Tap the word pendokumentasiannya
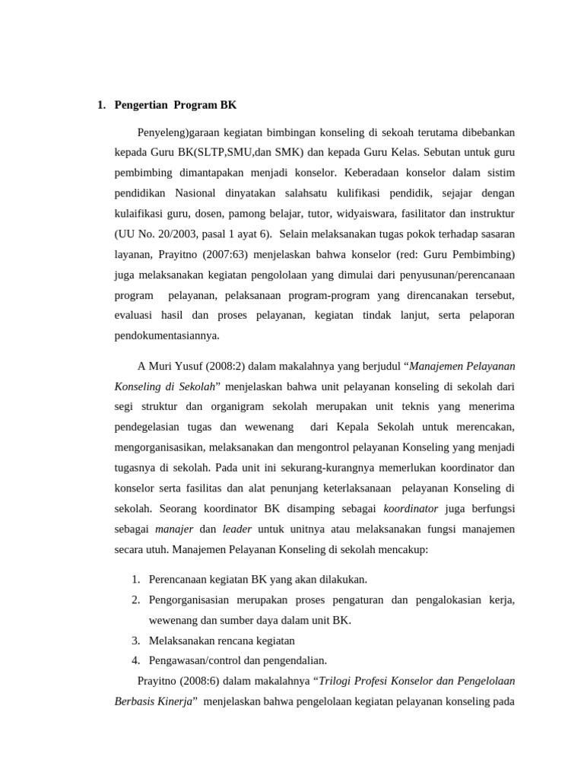[167, 335]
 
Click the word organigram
[242, 405]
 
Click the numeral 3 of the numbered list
[135, 640]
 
